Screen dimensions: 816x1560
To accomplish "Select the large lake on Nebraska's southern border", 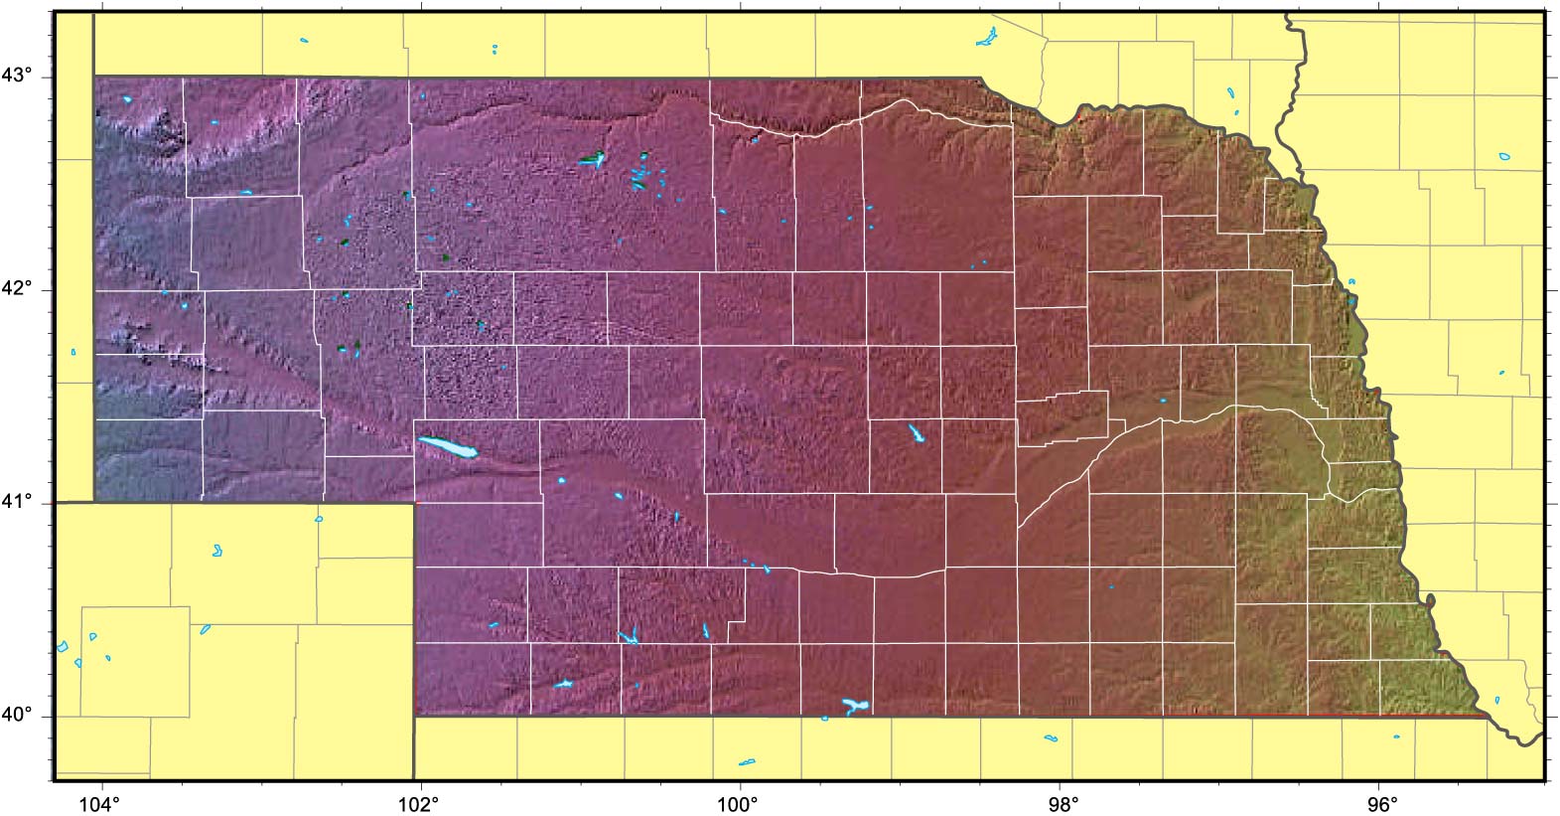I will pyautogui.click(x=853, y=707).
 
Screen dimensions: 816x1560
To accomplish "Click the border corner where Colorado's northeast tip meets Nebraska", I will pyautogui.click(x=413, y=503).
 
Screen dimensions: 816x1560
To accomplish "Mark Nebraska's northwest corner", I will pyautogui.click(x=94, y=76).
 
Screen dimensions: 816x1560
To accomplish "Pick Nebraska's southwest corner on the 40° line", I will pyautogui.click(x=414, y=715).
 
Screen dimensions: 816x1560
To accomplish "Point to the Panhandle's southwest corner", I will pyautogui.click(x=94, y=502).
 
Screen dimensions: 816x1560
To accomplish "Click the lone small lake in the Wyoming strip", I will pyautogui.click(x=73, y=351).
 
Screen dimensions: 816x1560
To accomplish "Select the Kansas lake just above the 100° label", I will pyautogui.click(x=747, y=762).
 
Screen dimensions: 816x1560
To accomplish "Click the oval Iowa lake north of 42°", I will pyautogui.click(x=1505, y=156).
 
